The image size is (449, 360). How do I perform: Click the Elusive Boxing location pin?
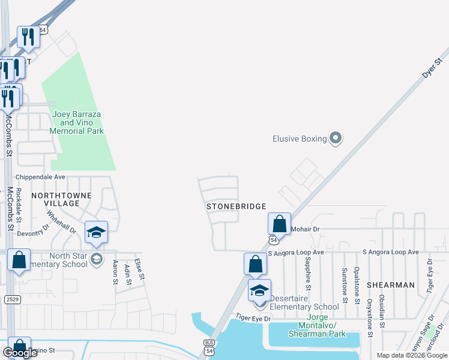[x=336, y=139]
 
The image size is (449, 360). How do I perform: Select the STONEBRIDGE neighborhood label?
[x=237, y=206]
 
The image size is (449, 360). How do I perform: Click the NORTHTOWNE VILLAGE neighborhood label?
[x=61, y=199]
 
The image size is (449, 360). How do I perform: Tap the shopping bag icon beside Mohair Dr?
[x=279, y=224]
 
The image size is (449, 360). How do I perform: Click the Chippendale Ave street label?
[x=40, y=177]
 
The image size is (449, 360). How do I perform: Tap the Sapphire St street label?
[x=307, y=269]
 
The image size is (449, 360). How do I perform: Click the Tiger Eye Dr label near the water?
[x=253, y=317]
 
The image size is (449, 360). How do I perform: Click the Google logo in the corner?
[x=20, y=353]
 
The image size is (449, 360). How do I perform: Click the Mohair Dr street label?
[x=306, y=229]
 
